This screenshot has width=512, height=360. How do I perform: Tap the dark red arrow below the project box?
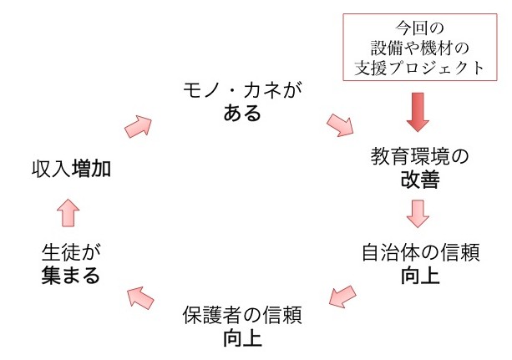click(417, 111)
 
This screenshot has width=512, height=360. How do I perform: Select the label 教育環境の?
click(417, 155)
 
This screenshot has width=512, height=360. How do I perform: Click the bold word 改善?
click(417, 179)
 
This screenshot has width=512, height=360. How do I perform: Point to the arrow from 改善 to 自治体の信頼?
click(418, 215)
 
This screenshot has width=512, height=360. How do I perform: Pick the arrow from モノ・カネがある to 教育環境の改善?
click(340, 124)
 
